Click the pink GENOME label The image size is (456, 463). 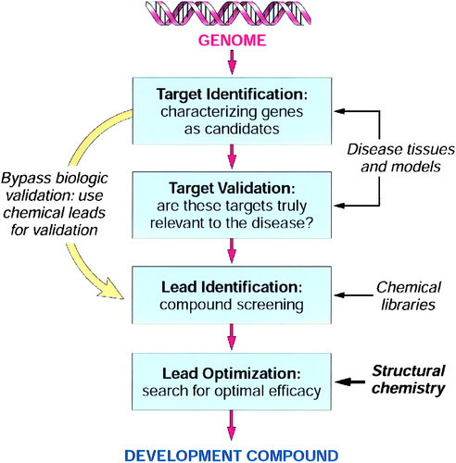tap(232, 41)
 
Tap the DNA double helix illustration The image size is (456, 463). tap(229, 13)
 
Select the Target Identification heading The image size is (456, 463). tap(232, 94)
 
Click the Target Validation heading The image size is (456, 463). tap(232, 188)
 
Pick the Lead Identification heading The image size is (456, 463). tap(232, 287)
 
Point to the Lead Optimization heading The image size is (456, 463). tap(232, 373)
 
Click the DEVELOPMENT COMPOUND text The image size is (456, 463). tap(232, 456)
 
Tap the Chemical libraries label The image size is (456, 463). tap(409, 296)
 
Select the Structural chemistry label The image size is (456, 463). tap(409, 380)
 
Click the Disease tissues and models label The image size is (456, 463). tap(401, 158)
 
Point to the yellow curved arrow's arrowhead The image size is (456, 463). tap(111, 290)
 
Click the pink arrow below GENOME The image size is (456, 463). tap(232, 62)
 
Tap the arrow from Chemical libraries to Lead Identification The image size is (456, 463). tap(354, 295)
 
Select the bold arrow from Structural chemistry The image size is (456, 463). tap(350, 382)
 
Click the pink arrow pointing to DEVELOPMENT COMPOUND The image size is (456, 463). tap(232, 425)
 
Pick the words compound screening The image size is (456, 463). tap(232, 305)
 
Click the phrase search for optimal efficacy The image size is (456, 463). tap(232, 391)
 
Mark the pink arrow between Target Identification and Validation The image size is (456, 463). tap(232, 156)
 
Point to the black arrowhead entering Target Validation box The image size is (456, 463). tap(339, 206)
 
